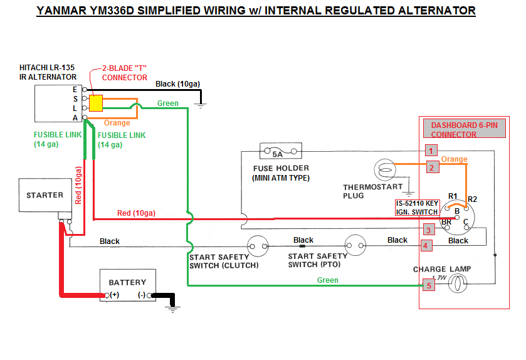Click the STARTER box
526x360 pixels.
[45, 196]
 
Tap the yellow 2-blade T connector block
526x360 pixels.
[96, 103]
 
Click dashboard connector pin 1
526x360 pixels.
[430, 151]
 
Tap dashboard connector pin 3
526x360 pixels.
[428, 230]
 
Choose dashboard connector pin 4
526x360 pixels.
[426, 246]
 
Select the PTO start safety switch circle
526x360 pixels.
[354, 246]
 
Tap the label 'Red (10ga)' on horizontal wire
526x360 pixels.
[136, 213]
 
